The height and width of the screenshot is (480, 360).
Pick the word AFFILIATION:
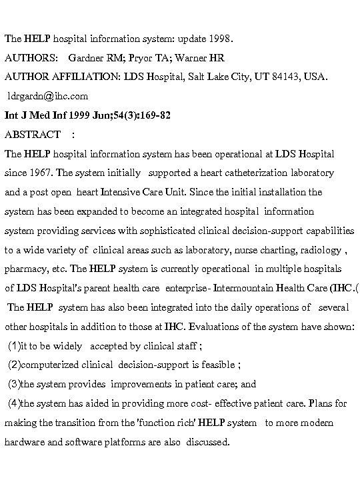tap(83, 77)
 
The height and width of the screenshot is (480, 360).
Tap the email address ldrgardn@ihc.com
tap(47, 96)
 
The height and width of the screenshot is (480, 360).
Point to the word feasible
tap(215, 365)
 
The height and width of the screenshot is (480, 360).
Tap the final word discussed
tap(208, 441)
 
